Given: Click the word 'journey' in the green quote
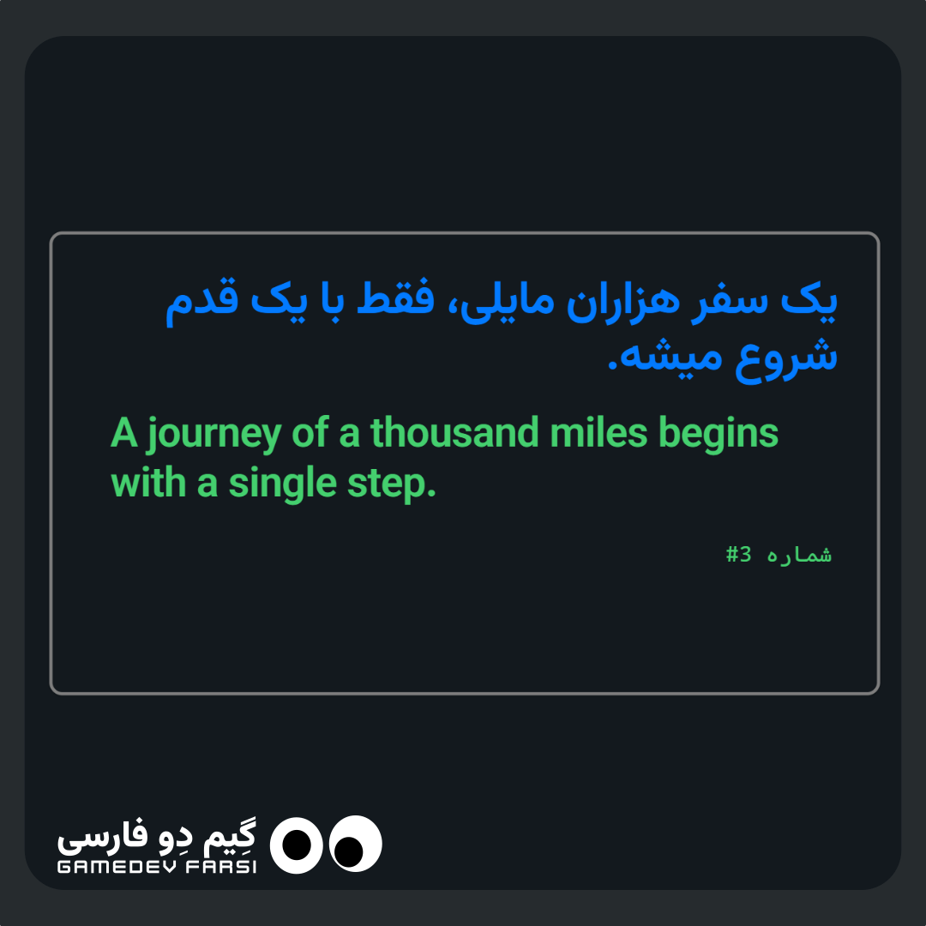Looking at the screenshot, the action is point(214,435).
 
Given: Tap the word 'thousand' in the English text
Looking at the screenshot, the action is point(454,432).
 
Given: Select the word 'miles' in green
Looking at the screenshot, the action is point(598,432).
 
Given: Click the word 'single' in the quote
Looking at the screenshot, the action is point(283,484).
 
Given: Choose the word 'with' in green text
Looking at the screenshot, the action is point(148,483).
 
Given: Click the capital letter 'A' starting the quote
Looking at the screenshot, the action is point(124,433).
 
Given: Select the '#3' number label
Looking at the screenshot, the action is point(739,555).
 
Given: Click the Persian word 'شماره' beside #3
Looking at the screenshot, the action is point(799,555).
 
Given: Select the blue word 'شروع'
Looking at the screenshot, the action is point(786,358).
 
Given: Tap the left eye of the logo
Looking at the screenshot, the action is point(297,845).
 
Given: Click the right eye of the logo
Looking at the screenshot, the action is point(356,844).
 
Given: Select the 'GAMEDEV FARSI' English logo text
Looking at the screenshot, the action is point(157,866).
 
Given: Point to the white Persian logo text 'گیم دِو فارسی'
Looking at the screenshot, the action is point(157,837).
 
